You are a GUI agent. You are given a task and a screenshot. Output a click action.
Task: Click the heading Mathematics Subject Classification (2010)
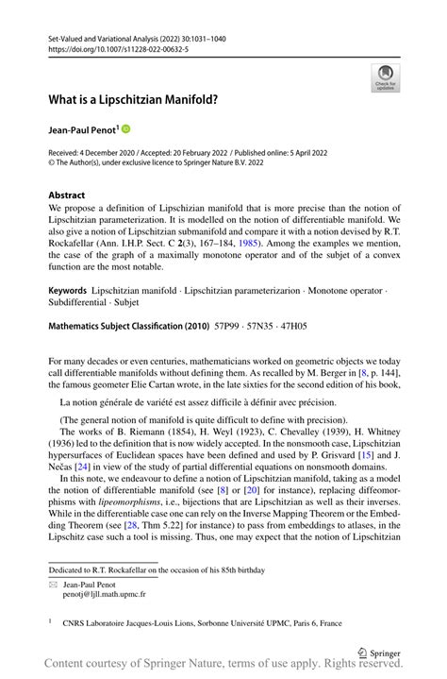[132, 324]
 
